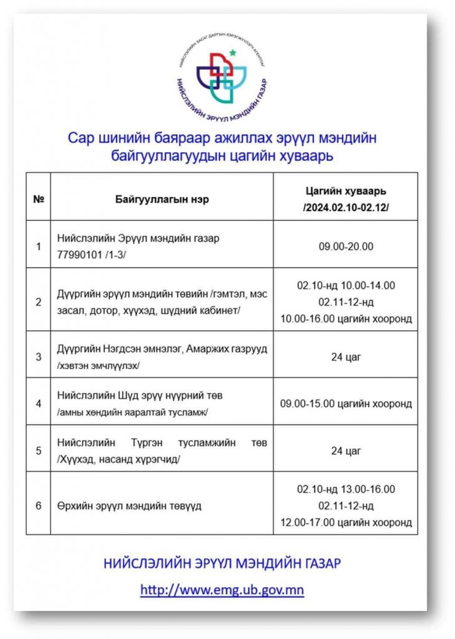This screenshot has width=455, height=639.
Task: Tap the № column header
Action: click(x=38, y=200)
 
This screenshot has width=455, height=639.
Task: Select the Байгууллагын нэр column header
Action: click(x=162, y=200)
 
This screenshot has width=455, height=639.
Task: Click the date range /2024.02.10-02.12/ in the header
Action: click(x=345, y=208)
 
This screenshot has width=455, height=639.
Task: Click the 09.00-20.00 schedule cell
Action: click(x=345, y=246)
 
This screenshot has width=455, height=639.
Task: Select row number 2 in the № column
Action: click(x=38, y=302)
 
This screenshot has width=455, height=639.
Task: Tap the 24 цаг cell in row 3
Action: click(x=345, y=357)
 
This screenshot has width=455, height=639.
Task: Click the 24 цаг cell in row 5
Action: click(x=345, y=451)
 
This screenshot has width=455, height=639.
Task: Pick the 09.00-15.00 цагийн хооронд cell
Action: click(x=345, y=404)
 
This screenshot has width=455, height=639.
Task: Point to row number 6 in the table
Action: click(x=38, y=505)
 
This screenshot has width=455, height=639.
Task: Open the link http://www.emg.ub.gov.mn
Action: click(x=222, y=590)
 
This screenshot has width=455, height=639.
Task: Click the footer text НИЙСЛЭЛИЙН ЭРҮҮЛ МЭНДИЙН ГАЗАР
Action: click(x=222, y=564)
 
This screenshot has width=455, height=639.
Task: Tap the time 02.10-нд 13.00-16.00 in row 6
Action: click(x=345, y=489)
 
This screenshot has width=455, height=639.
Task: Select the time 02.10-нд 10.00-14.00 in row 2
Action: click(x=345, y=285)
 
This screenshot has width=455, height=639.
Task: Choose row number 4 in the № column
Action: click(x=38, y=404)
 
